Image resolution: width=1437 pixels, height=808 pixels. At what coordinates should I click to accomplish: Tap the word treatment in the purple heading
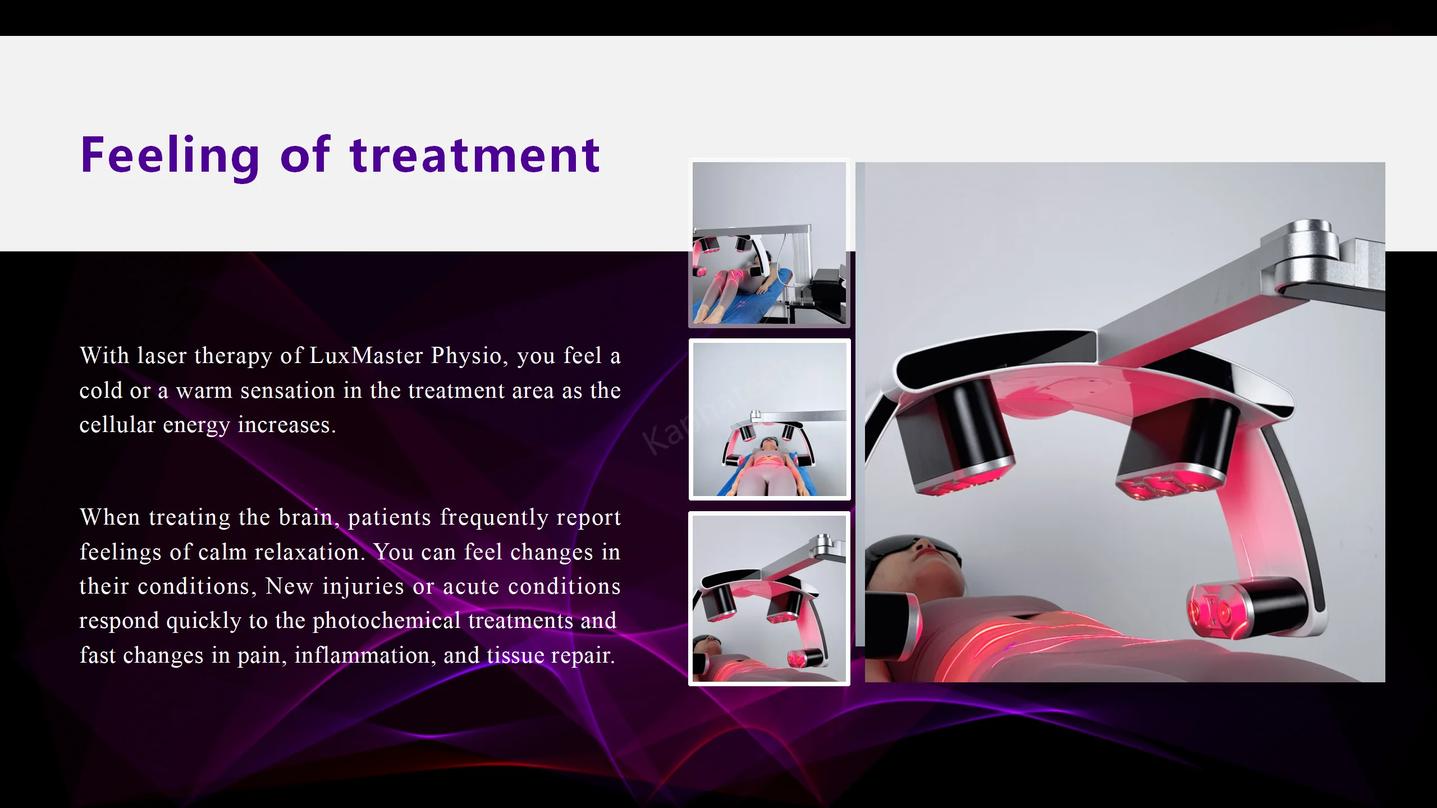pos(475,155)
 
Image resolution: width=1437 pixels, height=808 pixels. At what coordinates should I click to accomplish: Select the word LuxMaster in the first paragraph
pos(366,356)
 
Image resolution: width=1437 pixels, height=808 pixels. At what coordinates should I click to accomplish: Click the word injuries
pos(363,586)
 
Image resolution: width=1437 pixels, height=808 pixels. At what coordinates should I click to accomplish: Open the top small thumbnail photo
pos(769,243)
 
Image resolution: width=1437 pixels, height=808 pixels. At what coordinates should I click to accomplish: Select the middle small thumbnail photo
pos(770,419)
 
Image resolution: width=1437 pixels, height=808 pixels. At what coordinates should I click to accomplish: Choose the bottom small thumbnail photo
pos(769,599)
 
